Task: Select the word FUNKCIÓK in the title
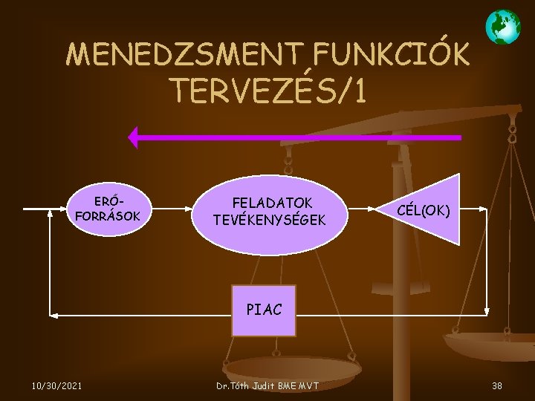coord(392,54)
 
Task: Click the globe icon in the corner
coord(502,27)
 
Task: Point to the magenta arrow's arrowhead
coord(134,137)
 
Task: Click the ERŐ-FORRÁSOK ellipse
coord(108,209)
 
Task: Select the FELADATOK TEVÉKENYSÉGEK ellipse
coord(272,211)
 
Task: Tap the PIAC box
coord(263,310)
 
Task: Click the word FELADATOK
coord(272,202)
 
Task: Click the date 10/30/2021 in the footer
coord(56,385)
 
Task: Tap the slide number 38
coord(496,385)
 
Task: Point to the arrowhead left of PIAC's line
coord(53,315)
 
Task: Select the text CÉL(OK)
coord(424,210)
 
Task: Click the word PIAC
coord(264,310)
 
